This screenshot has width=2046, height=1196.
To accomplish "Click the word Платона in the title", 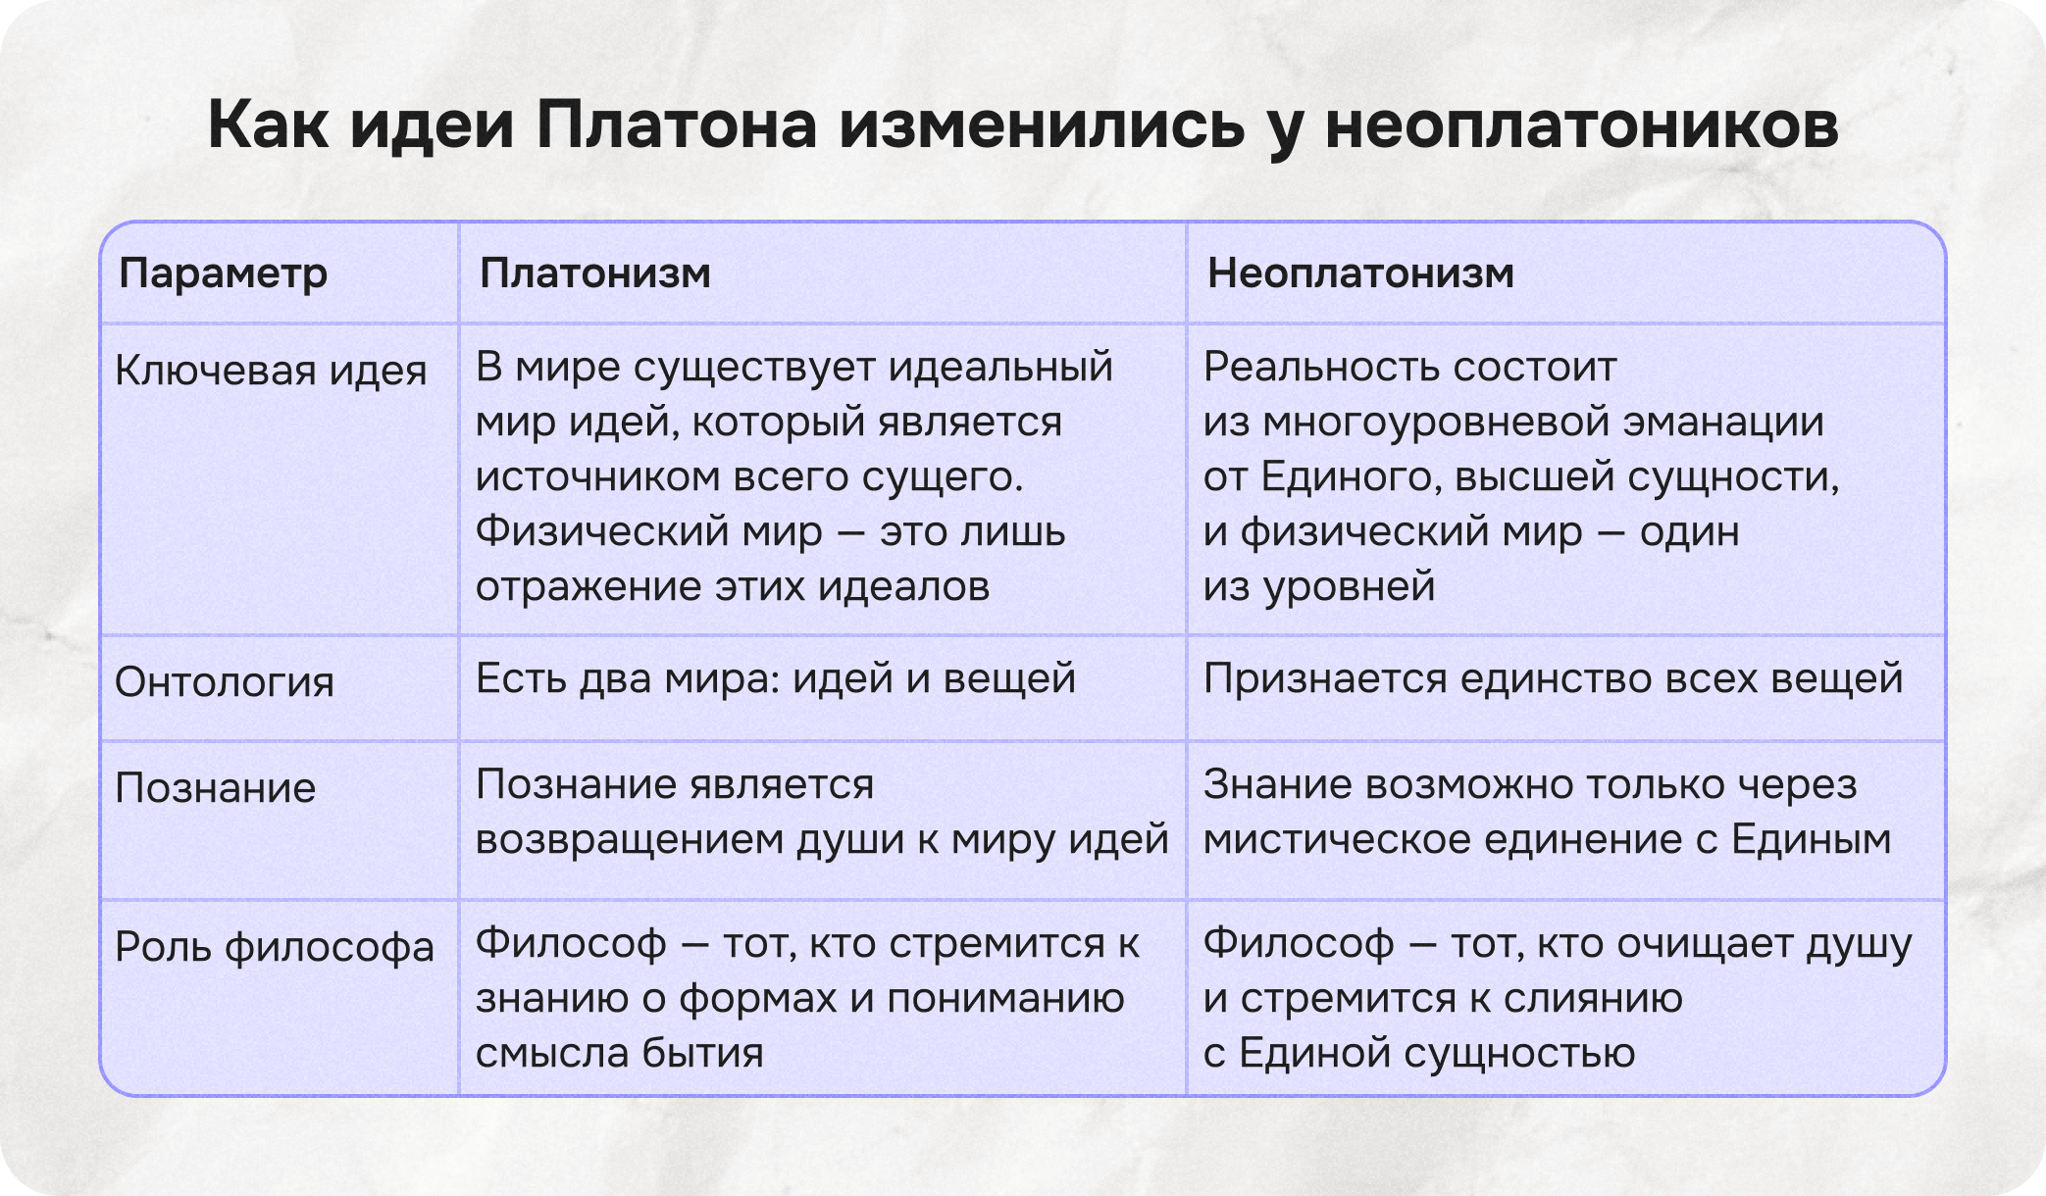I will click(676, 125).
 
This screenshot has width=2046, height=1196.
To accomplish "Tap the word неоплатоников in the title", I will click(1581, 125).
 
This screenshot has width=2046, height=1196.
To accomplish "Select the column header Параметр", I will click(223, 274).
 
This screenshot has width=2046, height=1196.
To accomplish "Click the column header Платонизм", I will click(594, 274).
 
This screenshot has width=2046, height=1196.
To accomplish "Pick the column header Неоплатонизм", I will click(1360, 274).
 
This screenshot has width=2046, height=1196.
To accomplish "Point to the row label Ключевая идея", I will click(271, 372).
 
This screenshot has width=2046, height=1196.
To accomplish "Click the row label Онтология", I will click(225, 682).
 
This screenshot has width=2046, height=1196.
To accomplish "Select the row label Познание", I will click(216, 788).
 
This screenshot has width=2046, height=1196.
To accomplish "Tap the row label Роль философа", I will click(275, 947).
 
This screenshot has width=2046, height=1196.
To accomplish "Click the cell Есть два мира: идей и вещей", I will click(776, 678).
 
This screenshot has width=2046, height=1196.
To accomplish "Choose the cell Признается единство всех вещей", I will click(1553, 678).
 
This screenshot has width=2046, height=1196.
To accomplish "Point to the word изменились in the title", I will click(1041, 125).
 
